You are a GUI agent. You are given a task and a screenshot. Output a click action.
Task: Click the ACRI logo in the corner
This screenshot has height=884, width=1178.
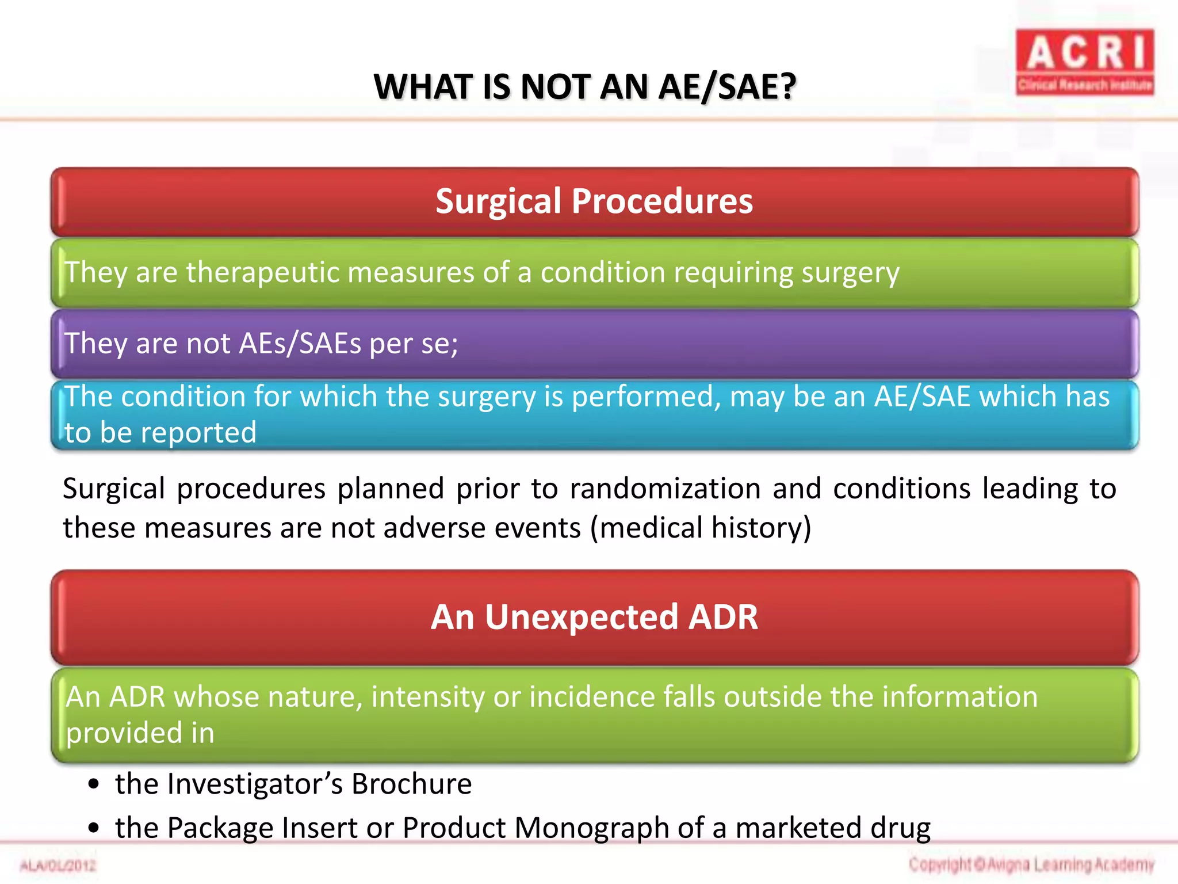click(x=1084, y=62)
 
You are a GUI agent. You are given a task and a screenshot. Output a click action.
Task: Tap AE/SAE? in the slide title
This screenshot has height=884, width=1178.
click(x=727, y=87)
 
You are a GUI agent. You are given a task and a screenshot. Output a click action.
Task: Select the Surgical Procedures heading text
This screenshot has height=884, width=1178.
click(x=594, y=201)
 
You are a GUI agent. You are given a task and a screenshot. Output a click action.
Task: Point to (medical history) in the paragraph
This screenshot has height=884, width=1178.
click(x=701, y=528)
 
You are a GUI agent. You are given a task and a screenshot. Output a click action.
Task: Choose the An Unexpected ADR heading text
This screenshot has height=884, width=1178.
click(x=594, y=617)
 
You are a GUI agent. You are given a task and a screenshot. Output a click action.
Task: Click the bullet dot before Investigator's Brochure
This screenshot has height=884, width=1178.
click(x=94, y=785)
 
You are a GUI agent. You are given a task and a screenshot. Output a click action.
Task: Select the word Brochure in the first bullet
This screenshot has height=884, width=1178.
click(x=411, y=784)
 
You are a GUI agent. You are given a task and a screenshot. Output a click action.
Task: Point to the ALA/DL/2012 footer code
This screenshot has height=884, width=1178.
click(x=58, y=866)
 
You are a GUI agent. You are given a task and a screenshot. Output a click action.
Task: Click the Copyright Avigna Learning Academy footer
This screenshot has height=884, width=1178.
click(x=1031, y=864)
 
